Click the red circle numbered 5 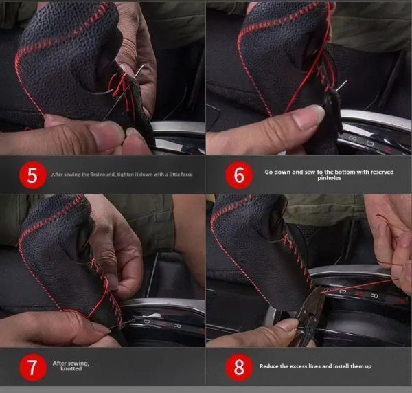coord(32,175)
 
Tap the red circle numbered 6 coord(238,175)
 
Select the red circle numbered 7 coord(32,368)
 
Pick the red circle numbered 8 coord(238,368)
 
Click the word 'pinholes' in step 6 coord(329,178)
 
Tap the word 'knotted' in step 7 coord(71,369)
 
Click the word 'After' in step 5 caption coord(57,175)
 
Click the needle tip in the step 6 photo coord(347,80)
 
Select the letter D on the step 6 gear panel coord(370,144)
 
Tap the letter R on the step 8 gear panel coord(374,296)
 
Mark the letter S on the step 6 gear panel coord(353,137)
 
